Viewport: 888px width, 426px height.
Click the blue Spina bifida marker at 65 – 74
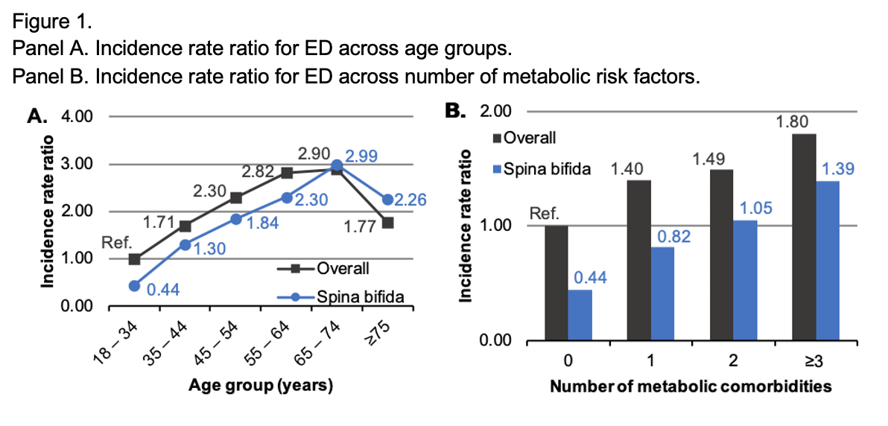pyautogui.click(x=337, y=165)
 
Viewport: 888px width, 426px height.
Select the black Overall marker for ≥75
pyautogui.click(x=387, y=223)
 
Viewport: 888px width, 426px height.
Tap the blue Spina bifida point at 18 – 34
pyautogui.click(x=134, y=286)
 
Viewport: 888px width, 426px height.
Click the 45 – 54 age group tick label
pyautogui.click(x=223, y=337)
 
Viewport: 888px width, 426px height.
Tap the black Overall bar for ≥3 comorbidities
pyautogui.click(x=802, y=238)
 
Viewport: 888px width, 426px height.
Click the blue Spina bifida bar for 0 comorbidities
pyautogui.click(x=580, y=316)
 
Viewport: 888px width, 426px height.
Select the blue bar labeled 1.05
pyautogui.click(x=745, y=281)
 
